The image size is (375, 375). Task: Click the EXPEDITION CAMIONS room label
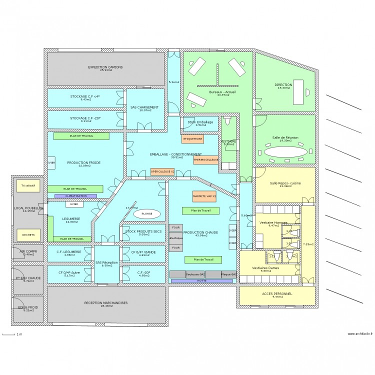(105, 67)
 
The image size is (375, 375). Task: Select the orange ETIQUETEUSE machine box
(192, 139)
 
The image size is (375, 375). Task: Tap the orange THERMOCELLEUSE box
(206, 160)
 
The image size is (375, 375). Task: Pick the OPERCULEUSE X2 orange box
(162, 171)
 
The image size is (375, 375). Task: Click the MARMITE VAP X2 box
(204, 196)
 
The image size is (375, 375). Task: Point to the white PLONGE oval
(147, 213)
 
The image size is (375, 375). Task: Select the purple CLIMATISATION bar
(75, 196)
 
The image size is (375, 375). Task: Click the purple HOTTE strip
(201, 281)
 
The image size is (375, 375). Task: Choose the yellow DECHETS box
(28, 234)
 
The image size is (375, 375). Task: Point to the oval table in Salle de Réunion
(285, 151)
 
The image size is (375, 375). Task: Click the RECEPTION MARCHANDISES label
(105, 303)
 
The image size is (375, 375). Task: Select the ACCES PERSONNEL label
(276, 294)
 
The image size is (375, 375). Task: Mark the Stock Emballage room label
(200, 122)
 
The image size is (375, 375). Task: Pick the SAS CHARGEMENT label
(144, 107)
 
